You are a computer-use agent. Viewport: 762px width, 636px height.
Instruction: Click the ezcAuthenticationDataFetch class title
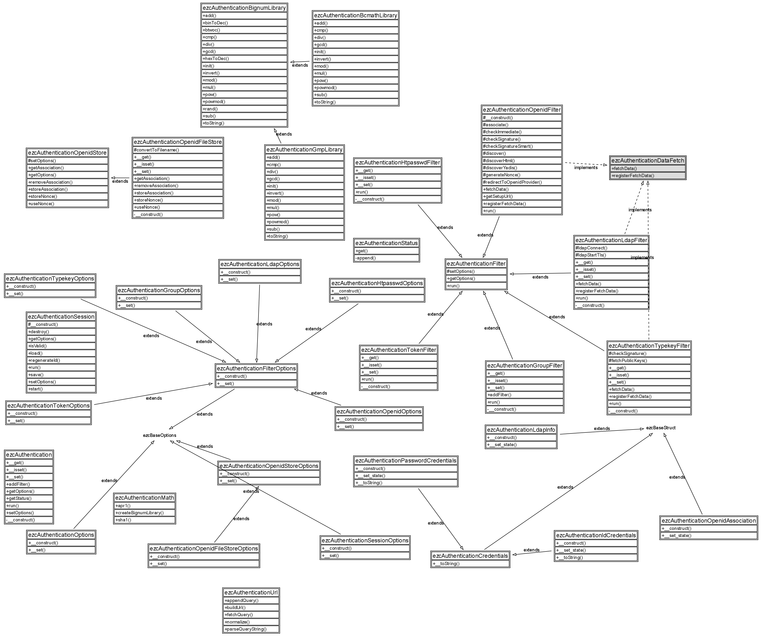pyautogui.click(x=648, y=160)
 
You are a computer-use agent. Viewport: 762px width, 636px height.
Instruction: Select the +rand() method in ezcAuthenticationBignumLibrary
pyautogui.click(x=210, y=109)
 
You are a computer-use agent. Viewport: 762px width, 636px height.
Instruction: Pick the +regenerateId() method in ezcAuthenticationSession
pyautogui.click(x=44, y=360)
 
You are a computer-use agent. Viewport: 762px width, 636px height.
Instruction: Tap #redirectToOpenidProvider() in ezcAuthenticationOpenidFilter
pyautogui.click(x=512, y=182)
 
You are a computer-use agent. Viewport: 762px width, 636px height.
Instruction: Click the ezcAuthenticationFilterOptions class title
pyautogui.click(x=256, y=368)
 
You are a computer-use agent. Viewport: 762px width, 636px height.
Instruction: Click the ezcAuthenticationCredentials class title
pyautogui.click(x=470, y=556)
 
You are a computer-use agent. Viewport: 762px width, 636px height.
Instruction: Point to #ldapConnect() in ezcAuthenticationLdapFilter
pyautogui.click(x=591, y=248)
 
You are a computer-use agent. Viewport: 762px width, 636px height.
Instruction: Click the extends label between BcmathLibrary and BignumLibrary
pyautogui.click(x=300, y=65)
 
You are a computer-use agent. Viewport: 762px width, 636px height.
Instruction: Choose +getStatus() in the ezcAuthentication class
pyautogui.click(x=19, y=498)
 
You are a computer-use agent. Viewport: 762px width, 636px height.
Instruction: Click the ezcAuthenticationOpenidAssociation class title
pyautogui.click(x=709, y=521)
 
